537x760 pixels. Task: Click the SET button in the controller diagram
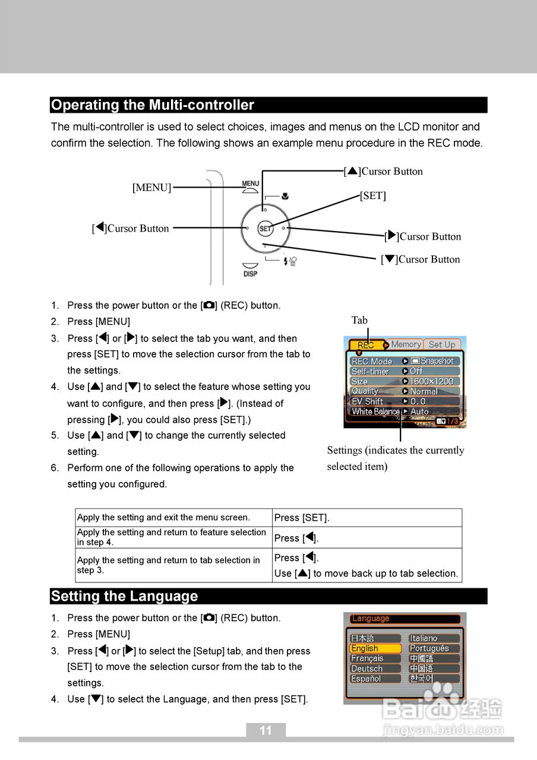pyautogui.click(x=265, y=228)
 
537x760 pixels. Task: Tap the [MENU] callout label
pyautogui.click(x=151, y=188)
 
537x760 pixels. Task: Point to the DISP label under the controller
pyautogui.click(x=250, y=274)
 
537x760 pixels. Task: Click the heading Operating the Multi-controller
pyautogui.click(x=153, y=105)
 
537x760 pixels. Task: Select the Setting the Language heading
pyautogui.click(x=124, y=596)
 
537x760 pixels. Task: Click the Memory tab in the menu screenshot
pyautogui.click(x=406, y=344)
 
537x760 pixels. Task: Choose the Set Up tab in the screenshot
pyautogui.click(x=441, y=344)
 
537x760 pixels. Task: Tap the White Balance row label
pyautogui.click(x=375, y=411)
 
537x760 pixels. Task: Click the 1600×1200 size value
pyautogui.click(x=432, y=381)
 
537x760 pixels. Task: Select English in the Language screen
pyautogui.click(x=365, y=648)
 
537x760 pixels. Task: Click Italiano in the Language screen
pyautogui.click(x=424, y=638)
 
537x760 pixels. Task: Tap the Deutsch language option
pyautogui.click(x=367, y=669)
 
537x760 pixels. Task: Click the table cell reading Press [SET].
pyautogui.click(x=302, y=518)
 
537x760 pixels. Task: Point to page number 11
pyautogui.click(x=266, y=730)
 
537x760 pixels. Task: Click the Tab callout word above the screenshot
pyautogui.click(x=359, y=321)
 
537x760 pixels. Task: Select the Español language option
pyautogui.click(x=366, y=679)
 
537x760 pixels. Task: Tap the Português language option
pyautogui.click(x=429, y=648)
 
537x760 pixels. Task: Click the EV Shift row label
pyautogui.click(x=367, y=401)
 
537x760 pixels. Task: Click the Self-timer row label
pyautogui.click(x=370, y=371)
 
